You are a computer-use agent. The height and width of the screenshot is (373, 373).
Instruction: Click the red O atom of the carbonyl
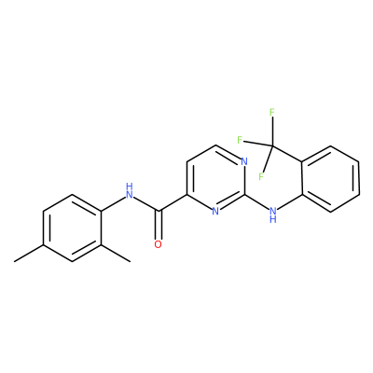(159, 244)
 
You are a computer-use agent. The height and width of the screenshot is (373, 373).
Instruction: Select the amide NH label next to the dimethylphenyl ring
(130, 191)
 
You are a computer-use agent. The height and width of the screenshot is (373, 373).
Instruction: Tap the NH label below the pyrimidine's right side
(273, 215)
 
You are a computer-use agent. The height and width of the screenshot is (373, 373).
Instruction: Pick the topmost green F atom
(271, 112)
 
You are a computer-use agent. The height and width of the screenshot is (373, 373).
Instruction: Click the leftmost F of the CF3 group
(240, 140)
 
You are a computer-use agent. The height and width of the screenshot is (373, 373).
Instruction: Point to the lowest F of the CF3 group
(261, 176)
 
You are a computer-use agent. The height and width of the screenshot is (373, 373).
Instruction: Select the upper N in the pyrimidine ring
(244, 161)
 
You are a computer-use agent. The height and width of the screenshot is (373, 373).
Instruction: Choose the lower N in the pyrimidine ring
(215, 212)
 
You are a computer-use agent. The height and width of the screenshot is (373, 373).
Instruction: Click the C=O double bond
(159, 226)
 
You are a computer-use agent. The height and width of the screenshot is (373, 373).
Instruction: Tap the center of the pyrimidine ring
(215, 178)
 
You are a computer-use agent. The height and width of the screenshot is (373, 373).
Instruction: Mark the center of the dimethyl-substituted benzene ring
(72, 228)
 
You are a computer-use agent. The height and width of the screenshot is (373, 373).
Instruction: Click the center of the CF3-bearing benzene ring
(331, 178)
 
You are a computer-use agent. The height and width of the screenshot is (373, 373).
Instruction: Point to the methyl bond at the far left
(29, 254)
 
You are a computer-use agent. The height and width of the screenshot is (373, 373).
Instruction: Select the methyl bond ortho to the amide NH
(116, 254)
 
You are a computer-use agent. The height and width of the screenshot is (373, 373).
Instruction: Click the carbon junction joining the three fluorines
(272, 145)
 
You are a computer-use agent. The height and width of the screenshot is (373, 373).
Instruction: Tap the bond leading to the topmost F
(272, 131)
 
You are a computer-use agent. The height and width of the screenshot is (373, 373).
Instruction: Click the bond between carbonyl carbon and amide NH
(146, 204)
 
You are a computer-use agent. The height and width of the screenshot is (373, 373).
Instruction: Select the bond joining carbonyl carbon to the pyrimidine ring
(173, 203)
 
